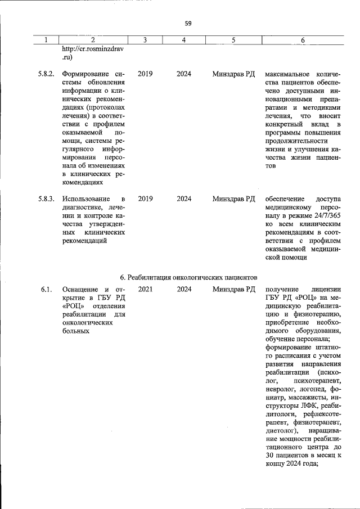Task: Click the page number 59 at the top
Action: (x=188, y=23)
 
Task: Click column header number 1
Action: (x=46, y=40)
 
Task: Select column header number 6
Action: (x=303, y=40)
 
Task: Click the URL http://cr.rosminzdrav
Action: (x=93, y=49)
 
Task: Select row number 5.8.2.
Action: (x=46, y=74)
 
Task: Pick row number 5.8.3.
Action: (x=46, y=199)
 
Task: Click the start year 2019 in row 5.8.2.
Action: (x=145, y=74)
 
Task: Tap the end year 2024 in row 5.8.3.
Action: (x=184, y=199)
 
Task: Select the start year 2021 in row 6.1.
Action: (x=145, y=289)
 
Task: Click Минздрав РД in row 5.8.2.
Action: (x=234, y=74)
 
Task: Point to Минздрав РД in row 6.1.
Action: (x=234, y=289)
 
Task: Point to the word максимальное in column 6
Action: (x=287, y=74)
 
